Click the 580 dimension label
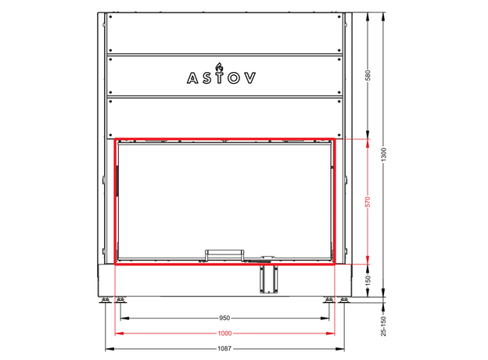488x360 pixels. pyautogui.click(x=368, y=75)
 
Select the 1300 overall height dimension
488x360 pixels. pyautogui.click(x=383, y=154)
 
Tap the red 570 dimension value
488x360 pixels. pyautogui.click(x=368, y=202)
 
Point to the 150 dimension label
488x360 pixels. pyautogui.click(x=368, y=280)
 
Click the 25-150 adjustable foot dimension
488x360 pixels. pyautogui.click(x=383, y=326)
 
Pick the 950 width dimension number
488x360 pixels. pyautogui.click(x=224, y=318)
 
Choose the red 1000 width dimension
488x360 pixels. pyautogui.click(x=224, y=333)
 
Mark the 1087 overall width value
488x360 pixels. pyautogui.click(x=224, y=348)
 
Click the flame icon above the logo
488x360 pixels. pyautogui.click(x=220, y=67)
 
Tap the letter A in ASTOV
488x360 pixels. pyautogui.click(x=192, y=78)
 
